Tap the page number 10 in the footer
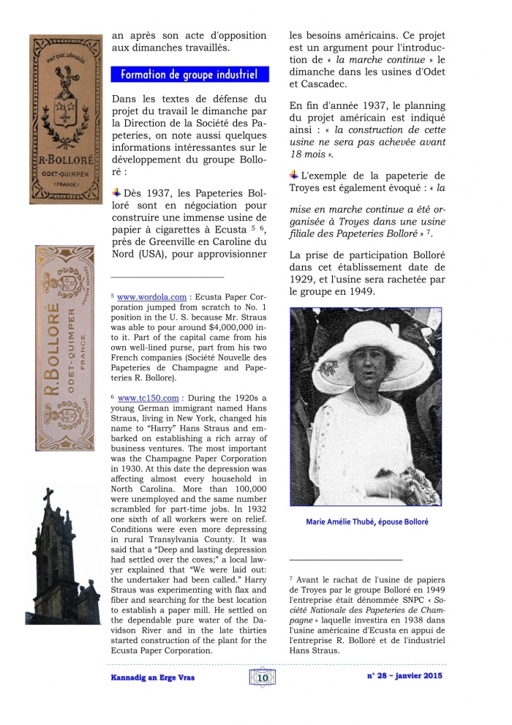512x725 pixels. [x=263, y=678]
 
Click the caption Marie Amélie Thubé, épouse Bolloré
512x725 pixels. [x=365, y=522]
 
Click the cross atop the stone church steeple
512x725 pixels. [x=48, y=499]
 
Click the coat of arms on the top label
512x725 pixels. [x=64, y=110]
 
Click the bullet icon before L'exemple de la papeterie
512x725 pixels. [x=293, y=175]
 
